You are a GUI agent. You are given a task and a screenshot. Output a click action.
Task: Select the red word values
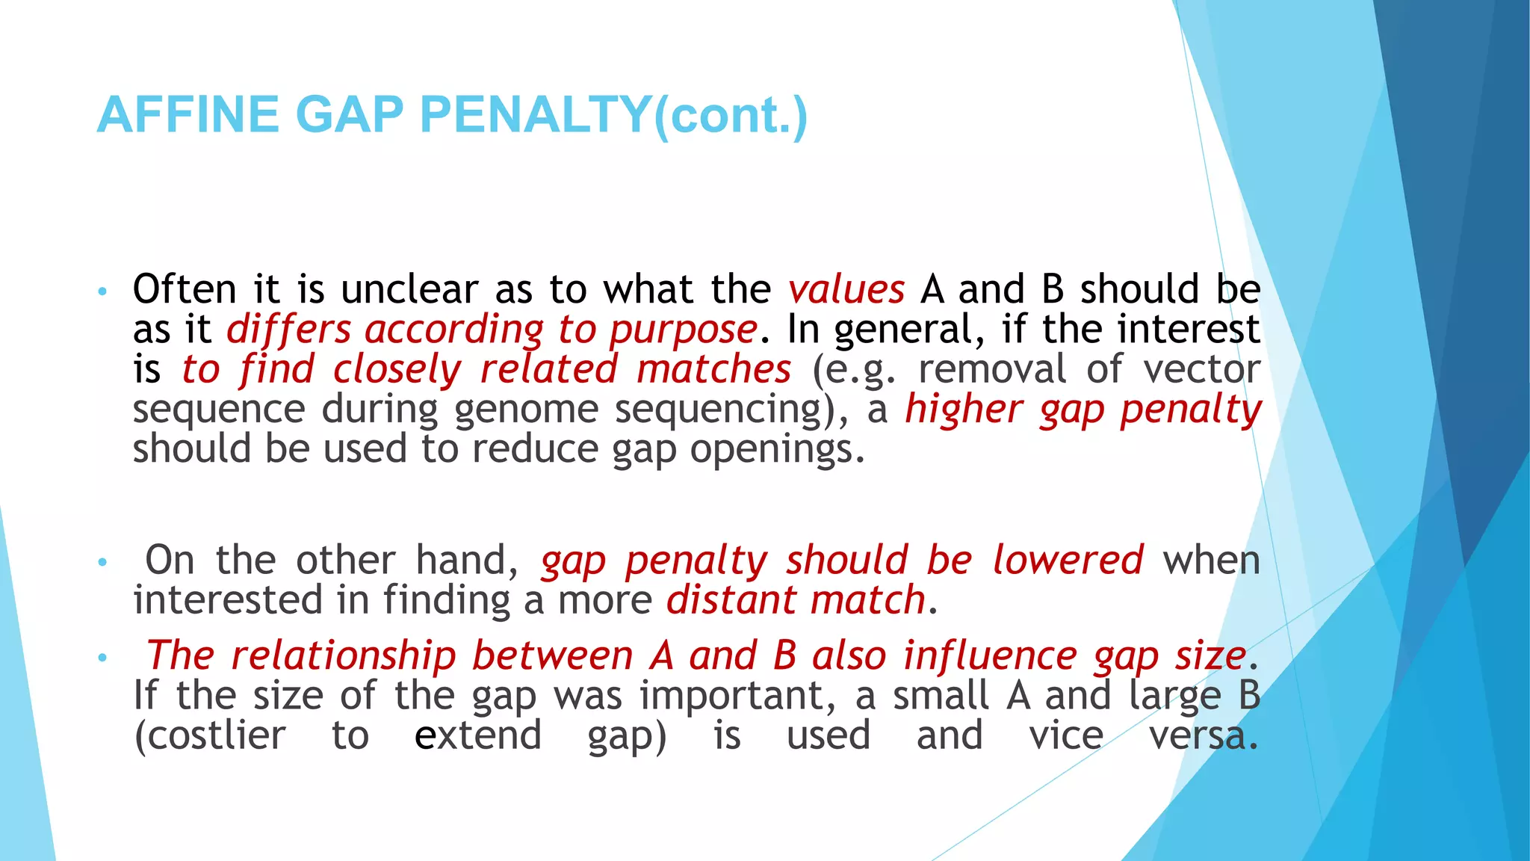[x=846, y=289]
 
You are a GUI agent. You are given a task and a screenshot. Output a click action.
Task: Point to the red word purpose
[x=683, y=330]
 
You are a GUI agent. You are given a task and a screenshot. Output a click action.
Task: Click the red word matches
[x=713, y=369]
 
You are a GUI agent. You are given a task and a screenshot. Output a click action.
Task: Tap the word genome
[x=526, y=410]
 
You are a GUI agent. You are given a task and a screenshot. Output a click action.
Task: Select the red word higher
[x=963, y=410]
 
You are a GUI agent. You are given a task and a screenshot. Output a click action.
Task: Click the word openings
[x=776, y=450]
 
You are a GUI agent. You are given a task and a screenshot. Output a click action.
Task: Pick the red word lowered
[x=1068, y=560]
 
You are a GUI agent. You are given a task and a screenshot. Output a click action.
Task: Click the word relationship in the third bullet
[x=343, y=655]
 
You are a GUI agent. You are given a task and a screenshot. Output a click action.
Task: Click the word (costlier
[x=209, y=735]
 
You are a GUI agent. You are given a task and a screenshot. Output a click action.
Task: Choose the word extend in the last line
[x=478, y=735]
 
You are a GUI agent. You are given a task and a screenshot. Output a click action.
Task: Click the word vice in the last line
[x=1066, y=735]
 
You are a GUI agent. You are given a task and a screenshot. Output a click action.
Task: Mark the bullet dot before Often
[x=103, y=291]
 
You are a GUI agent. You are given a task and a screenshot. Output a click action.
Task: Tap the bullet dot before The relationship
[x=103, y=658]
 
